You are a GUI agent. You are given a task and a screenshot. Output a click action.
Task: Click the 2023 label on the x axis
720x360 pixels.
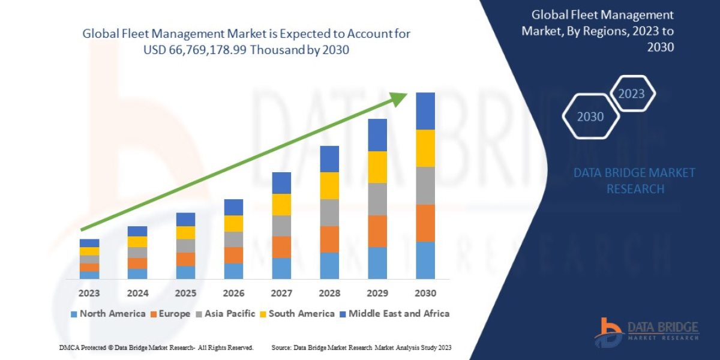tap(89, 293)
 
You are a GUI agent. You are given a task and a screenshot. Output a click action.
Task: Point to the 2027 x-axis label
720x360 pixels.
tap(281, 293)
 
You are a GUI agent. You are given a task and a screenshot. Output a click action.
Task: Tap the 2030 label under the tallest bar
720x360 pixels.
tap(425, 293)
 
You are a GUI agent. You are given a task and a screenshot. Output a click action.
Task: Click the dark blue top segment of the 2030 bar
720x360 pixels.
tap(425, 111)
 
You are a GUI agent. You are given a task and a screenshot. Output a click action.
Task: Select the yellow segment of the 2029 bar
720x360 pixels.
tap(377, 167)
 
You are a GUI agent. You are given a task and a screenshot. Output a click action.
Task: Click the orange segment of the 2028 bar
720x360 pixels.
tap(329, 239)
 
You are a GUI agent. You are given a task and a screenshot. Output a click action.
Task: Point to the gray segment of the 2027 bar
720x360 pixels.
tap(281, 226)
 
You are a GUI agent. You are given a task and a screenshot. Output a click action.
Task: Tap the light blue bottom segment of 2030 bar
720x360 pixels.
tap(425, 260)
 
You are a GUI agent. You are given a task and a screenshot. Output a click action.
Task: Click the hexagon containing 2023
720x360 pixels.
tap(631, 94)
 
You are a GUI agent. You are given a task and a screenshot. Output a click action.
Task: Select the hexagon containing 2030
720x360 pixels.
tap(590, 116)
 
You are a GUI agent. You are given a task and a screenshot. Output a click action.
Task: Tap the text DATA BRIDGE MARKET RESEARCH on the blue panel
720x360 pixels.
tap(635, 181)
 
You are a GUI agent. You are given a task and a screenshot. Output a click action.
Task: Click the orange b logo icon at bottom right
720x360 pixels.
tap(608, 332)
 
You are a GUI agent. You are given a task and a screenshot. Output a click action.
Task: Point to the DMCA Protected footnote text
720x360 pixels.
tap(156, 347)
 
